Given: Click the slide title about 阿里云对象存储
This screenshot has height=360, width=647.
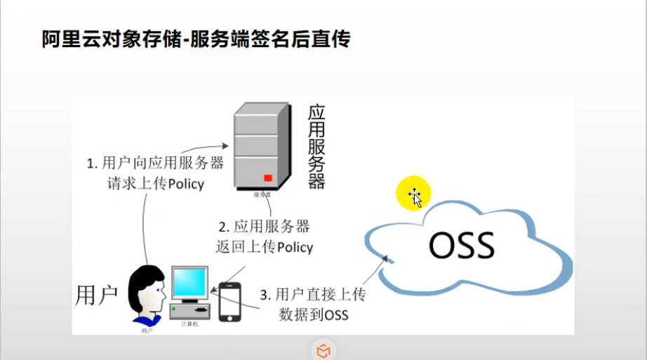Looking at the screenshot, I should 196,39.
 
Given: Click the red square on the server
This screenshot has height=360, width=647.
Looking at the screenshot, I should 268,178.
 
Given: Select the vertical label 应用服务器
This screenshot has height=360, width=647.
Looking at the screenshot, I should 316,147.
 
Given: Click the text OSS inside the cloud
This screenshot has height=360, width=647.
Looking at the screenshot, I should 462,246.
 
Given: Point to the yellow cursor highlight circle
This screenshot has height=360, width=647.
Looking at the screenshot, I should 413,194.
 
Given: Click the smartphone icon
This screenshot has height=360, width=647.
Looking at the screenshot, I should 229,302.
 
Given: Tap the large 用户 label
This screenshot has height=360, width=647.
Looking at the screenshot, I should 97,295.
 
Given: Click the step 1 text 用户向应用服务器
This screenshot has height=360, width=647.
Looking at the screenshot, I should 155,164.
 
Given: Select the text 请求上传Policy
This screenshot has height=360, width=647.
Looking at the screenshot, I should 156,184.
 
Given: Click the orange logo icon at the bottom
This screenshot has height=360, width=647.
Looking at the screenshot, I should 323,350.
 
